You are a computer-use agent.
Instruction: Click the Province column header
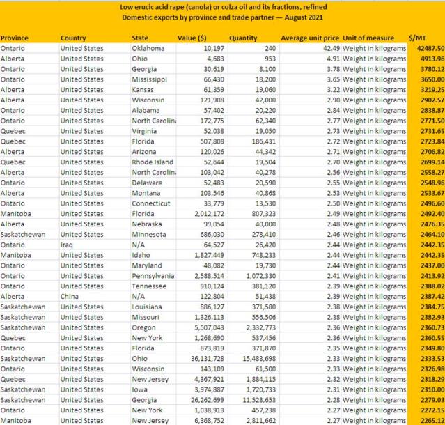[x=15, y=38]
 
